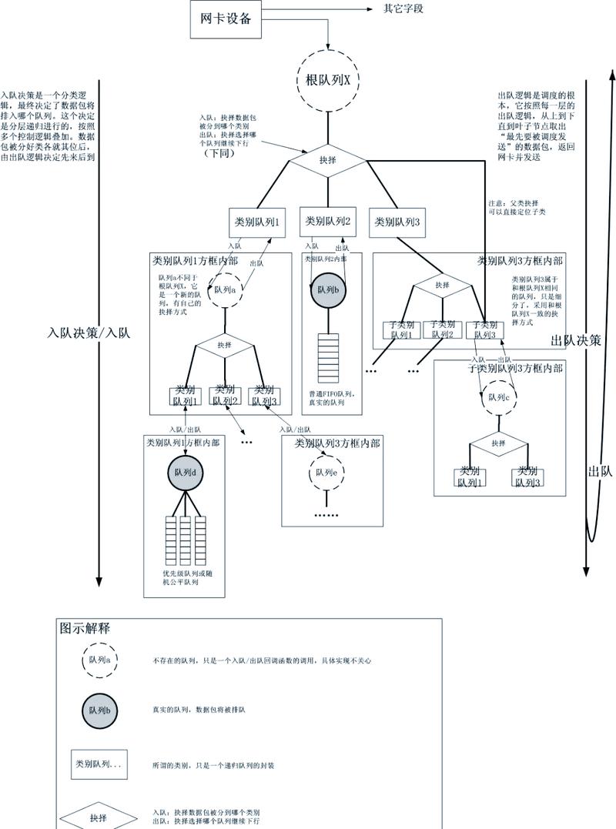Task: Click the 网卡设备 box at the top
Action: pyautogui.click(x=226, y=19)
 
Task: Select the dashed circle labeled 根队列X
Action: pyautogui.click(x=329, y=80)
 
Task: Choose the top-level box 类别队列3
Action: pyautogui.click(x=397, y=222)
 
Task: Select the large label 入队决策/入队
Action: pyautogui.click(x=89, y=333)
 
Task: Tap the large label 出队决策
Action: pyautogui.click(x=575, y=340)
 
